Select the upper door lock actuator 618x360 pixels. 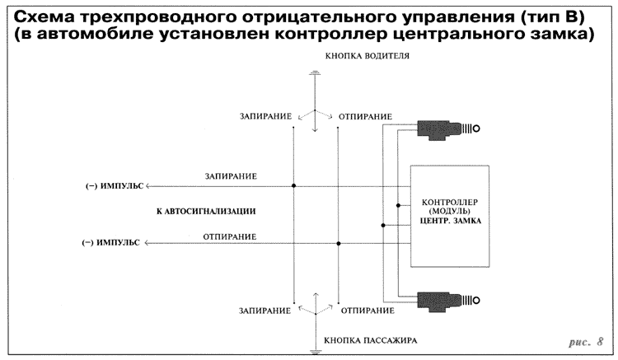(446, 128)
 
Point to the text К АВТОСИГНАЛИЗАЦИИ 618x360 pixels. (206, 212)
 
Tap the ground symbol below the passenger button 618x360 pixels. (314, 350)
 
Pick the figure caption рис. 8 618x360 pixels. (587, 341)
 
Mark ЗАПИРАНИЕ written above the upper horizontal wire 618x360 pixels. (231, 176)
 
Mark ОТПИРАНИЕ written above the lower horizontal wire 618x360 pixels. (231, 236)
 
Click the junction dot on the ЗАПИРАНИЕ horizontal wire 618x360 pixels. (293, 186)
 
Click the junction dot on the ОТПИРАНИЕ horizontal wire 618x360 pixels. (338, 243)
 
